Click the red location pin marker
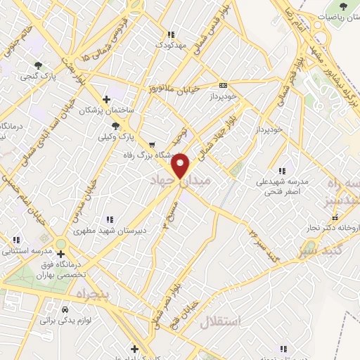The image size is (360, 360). click(x=181, y=166)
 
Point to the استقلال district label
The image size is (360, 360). click(x=220, y=323)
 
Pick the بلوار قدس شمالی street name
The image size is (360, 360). click(x=212, y=25)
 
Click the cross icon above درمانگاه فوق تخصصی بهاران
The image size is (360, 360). click(x=69, y=254)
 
